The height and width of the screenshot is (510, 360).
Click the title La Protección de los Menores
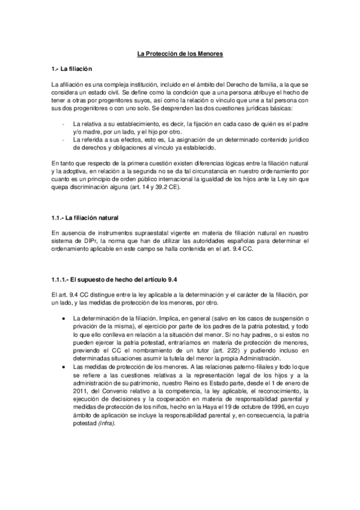pos(180,54)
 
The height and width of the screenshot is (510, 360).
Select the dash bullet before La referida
pos(64,139)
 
